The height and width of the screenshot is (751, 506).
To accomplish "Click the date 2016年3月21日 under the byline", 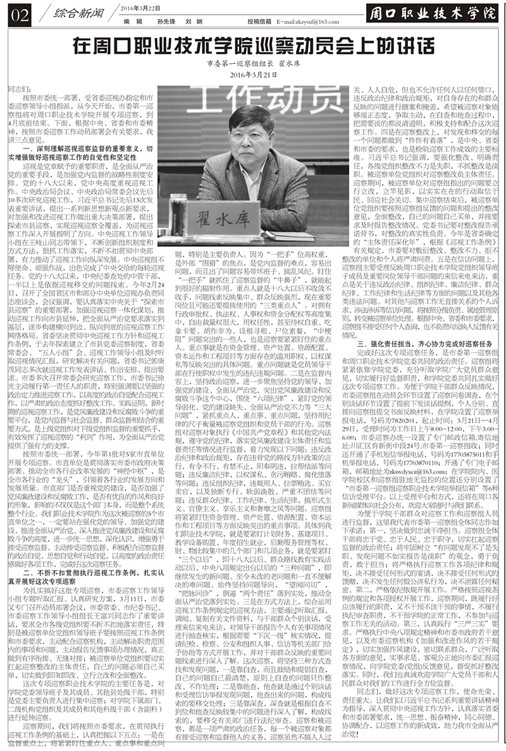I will pyautogui.click(x=252, y=75).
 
